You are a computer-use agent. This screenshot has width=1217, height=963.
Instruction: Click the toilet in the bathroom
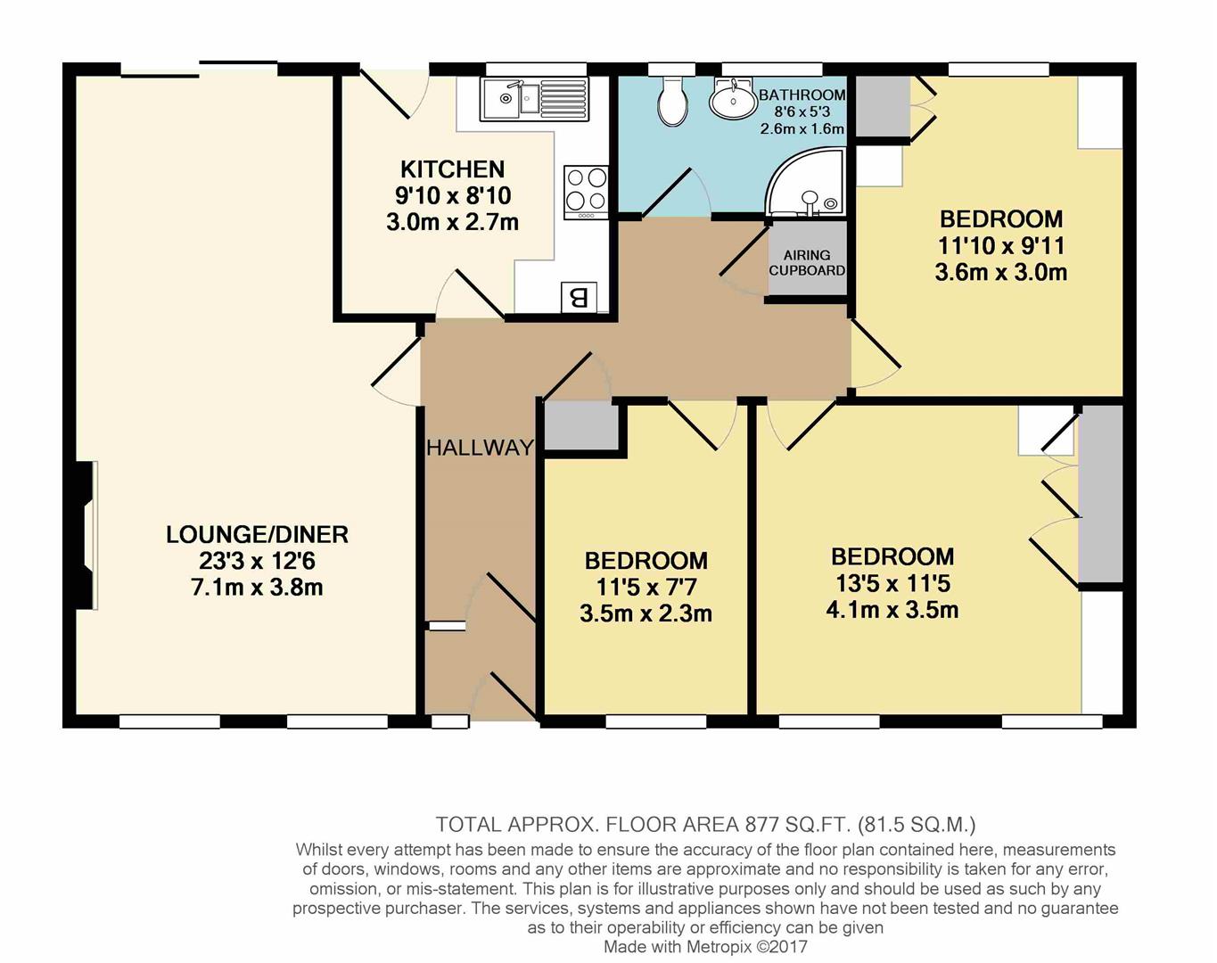click(x=673, y=102)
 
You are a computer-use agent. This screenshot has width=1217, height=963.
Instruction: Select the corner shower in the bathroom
click(x=805, y=182)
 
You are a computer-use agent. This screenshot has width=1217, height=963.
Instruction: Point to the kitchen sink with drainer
click(x=534, y=99)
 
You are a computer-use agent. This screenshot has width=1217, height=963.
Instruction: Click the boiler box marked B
click(x=579, y=297)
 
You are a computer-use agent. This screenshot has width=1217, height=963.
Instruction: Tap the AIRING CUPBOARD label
click(x=807, y=262)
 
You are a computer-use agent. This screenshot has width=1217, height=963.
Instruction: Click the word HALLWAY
click(x=481, y=449)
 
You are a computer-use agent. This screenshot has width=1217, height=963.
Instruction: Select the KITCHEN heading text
click(x=452, y=169)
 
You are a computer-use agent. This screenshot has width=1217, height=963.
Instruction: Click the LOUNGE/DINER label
click(x=258, y=535)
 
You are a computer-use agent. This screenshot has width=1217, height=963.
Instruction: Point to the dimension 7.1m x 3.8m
click(x=258, y=588)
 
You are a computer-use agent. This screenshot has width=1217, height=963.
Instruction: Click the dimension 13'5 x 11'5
click(x=892, y=583)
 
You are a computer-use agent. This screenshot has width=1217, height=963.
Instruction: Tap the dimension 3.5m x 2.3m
click(x=646, y=613)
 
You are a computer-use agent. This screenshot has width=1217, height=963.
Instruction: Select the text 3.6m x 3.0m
click(x=1001, y=272)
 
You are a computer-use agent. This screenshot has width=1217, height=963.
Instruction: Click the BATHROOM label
click(x=802, y=95)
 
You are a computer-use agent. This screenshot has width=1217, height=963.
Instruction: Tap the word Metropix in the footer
click(x=720, y=946)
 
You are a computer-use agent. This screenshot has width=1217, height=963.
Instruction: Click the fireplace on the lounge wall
click(x=85, y=535)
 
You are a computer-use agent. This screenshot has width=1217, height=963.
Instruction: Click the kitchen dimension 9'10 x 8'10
click(x=452, y=196)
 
